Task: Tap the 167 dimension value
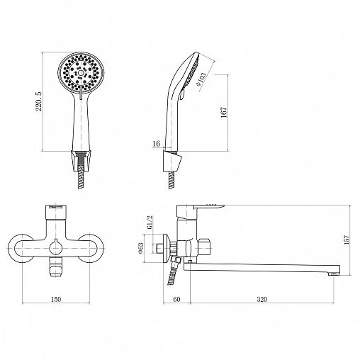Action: coord(224,112)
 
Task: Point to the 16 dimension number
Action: coord(156,143)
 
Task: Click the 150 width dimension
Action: coord(56,299)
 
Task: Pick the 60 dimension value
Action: coord(176,299)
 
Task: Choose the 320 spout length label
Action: coord(261,299)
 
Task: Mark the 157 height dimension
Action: coord(347,240)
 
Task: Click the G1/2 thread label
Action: coord(150,223)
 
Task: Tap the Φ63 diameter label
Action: coord(140,248)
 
